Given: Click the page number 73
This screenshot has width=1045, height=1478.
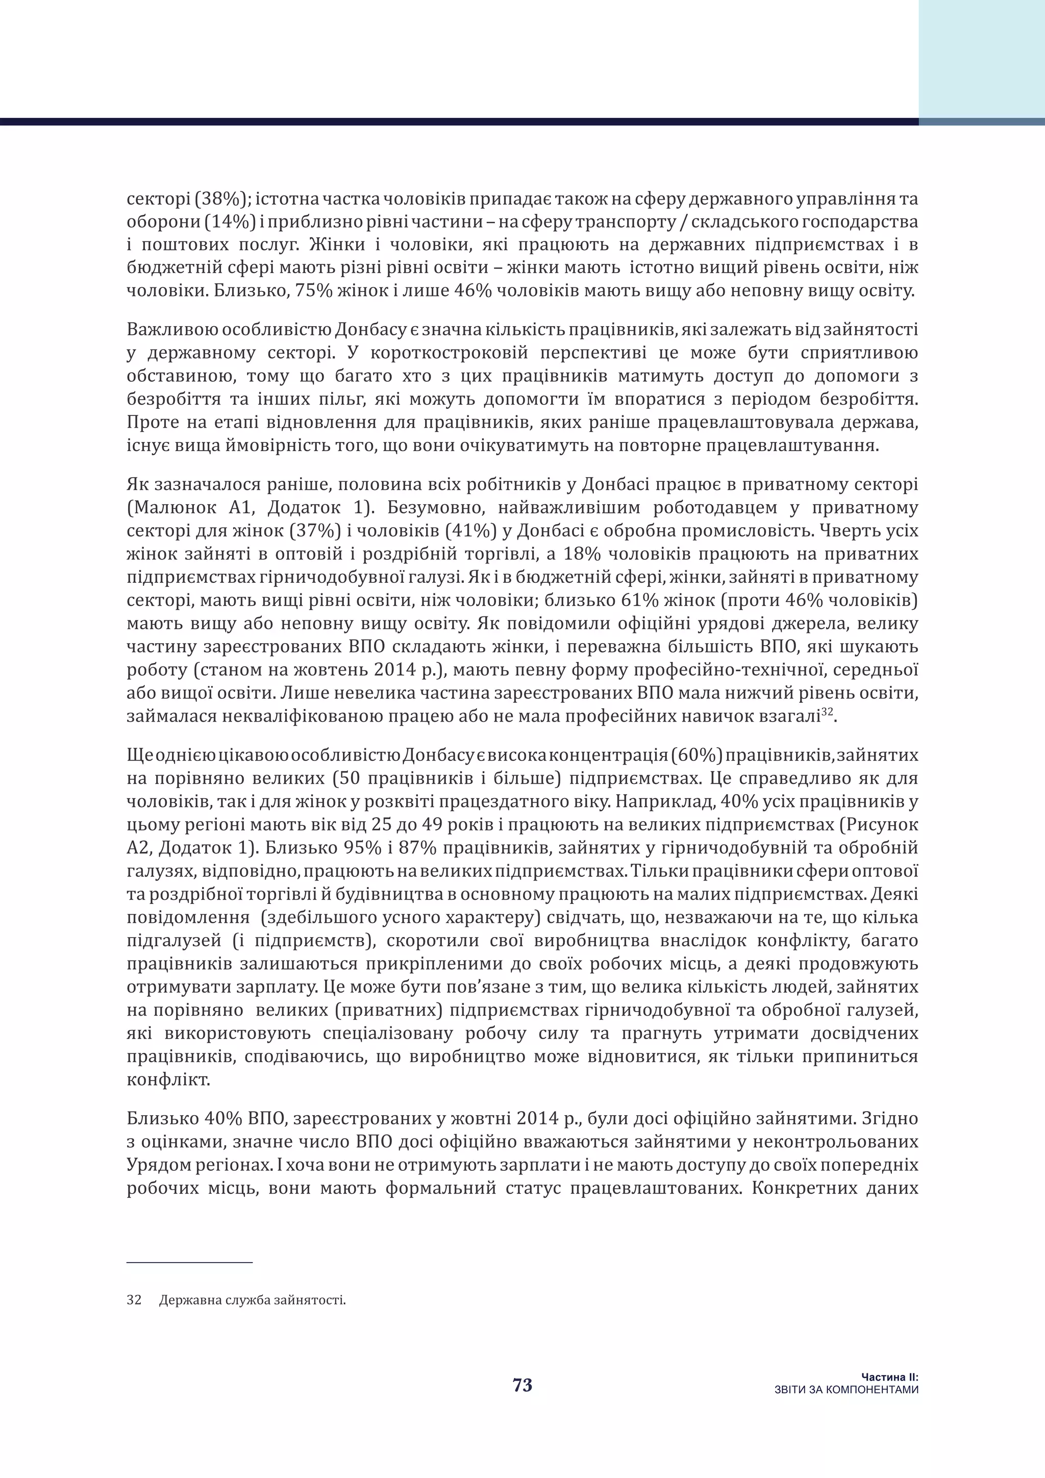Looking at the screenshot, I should coord(522,1385).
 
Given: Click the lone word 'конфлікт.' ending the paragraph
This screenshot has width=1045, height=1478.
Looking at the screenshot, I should coord(168,1079).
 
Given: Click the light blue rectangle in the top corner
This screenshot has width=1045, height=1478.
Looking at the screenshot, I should coord(981,58).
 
